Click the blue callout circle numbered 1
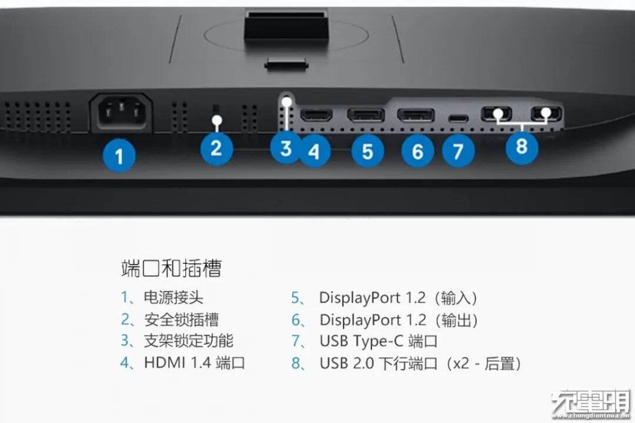(119, 156)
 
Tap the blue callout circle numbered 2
(216, 148)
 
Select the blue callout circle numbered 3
(286, 147)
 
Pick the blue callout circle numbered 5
(367, 151)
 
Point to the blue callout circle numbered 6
(417, 151)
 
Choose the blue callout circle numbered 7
(458, 151)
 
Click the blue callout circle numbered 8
(522, 146)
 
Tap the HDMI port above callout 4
(316, 115)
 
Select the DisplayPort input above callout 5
(366, 115)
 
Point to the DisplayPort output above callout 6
(416, 115)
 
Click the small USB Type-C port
(459, 119)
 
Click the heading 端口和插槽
(171, 268)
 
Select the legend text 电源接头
(173, 297)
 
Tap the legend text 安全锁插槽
(181, 320)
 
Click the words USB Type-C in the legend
(361, 341)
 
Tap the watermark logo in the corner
(591, 404)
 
